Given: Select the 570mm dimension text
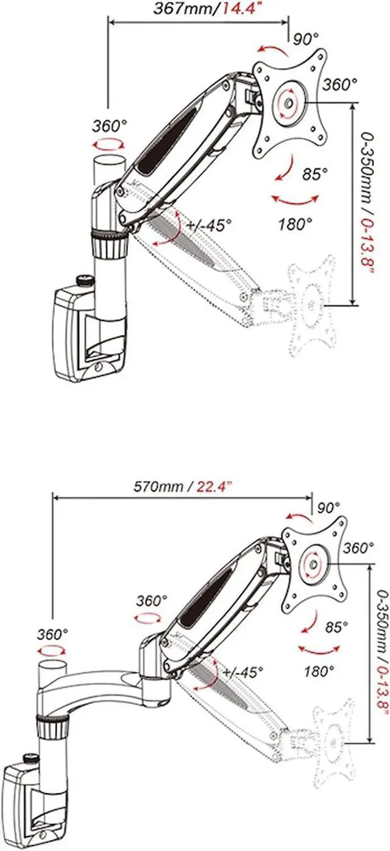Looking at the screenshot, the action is tap(158, 486).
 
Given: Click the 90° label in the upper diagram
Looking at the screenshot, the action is tap(305, 39).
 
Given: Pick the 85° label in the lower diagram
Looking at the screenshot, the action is tap(336, 627).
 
